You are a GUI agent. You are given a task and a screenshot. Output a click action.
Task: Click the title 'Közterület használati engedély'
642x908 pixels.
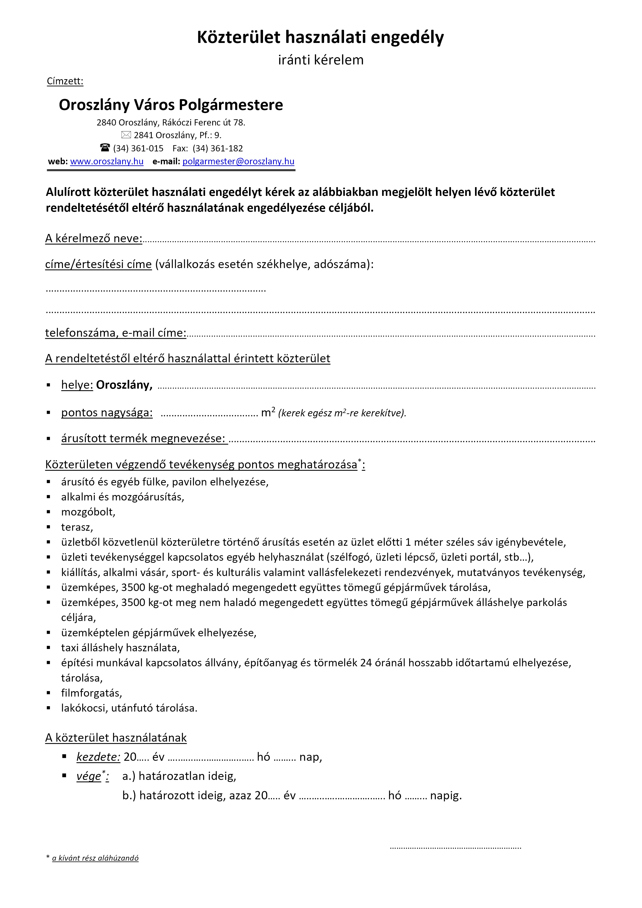320,38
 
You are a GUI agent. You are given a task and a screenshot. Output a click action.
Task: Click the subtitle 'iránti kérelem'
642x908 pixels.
320,60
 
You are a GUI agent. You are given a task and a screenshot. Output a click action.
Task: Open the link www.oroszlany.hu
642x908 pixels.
107,161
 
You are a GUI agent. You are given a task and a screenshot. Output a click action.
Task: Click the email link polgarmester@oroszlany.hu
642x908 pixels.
238,161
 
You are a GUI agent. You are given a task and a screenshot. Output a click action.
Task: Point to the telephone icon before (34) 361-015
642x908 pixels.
105,148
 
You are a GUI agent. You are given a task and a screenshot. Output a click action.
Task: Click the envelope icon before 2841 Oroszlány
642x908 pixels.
126,135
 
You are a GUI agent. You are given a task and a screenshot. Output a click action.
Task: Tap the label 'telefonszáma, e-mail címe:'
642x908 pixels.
115,333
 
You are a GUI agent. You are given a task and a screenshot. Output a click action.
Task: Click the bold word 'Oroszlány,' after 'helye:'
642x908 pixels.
124,385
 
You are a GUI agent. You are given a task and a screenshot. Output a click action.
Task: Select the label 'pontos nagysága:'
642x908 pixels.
107,412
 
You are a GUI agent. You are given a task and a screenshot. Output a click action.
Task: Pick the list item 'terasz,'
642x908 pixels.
77,527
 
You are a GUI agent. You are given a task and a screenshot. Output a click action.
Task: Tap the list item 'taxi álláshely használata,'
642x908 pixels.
120,647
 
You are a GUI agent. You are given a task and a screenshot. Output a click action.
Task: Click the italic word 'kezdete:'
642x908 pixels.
98,757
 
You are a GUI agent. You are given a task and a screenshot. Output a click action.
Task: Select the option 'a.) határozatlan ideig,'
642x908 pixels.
179,776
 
